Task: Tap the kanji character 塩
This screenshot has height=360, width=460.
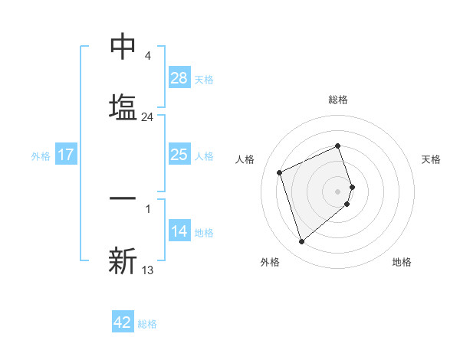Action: [123, 106]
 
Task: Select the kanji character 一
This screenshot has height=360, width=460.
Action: [123, 199]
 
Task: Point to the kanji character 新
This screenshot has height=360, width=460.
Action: [123, 260]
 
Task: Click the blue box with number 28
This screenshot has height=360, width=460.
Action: [179, 78]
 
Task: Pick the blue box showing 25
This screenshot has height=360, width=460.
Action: [179, 155]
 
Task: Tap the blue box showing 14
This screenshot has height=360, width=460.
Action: [179, 232]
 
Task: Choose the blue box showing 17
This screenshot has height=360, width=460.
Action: [66, 155]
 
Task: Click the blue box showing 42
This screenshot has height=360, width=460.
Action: [123, 322]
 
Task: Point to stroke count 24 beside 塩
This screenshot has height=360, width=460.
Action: [147, 117]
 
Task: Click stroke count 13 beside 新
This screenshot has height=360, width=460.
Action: [148, 270]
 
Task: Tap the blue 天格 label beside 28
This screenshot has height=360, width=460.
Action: [204, 79]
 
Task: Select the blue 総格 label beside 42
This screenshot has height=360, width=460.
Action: [147, 323]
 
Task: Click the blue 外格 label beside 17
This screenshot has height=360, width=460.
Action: [41, 155]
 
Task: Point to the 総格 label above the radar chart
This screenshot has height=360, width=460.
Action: [338, 100]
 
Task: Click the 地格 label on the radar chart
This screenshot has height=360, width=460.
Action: [402, 262]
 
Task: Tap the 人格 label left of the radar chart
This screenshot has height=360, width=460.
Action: [245, 159]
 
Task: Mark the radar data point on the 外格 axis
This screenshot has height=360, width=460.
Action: [301, 242]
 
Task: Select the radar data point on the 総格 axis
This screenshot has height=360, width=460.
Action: [337, 146]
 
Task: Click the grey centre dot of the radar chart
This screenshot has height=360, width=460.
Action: [337, 191]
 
